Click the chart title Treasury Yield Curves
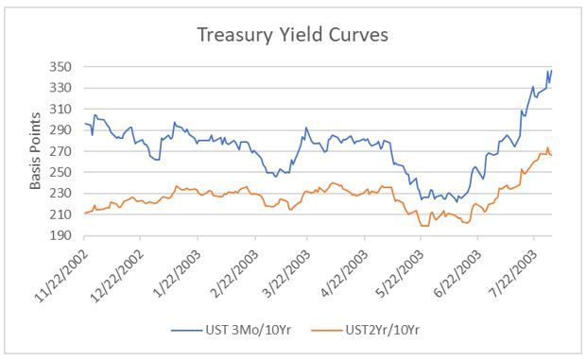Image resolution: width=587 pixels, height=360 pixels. (x=292, y=36)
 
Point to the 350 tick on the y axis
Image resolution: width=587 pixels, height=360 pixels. (x=60, y=67)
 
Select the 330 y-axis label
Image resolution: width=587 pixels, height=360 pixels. (x=60, y=88)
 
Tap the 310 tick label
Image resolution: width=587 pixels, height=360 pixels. (x=60, y=110)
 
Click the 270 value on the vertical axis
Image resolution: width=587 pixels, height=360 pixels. (x=60, y=151)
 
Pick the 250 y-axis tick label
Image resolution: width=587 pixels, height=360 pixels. (x=60, y=172)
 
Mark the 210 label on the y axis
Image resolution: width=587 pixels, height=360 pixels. (x=60, y=214)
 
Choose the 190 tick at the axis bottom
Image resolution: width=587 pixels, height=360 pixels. (x=60, y=235)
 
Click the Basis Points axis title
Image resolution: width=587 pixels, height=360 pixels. (x=35, y=151)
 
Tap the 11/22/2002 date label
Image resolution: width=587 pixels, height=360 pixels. (x=62, y=275)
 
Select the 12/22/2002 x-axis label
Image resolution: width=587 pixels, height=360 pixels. (x=118, y=275)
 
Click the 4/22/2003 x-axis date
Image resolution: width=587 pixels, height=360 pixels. (x=344, y=274)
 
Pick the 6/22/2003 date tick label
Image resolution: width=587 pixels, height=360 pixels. (x=458, y=274)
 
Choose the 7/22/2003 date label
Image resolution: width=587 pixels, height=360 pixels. (x=513, y=274)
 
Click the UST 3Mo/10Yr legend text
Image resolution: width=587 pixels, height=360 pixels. (x=249, y=330)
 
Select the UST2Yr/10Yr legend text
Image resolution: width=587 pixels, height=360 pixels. (x=383, y=330)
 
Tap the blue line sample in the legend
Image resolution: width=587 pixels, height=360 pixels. (x=186, y=331)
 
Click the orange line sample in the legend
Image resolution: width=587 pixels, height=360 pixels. (x=326, y=331)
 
